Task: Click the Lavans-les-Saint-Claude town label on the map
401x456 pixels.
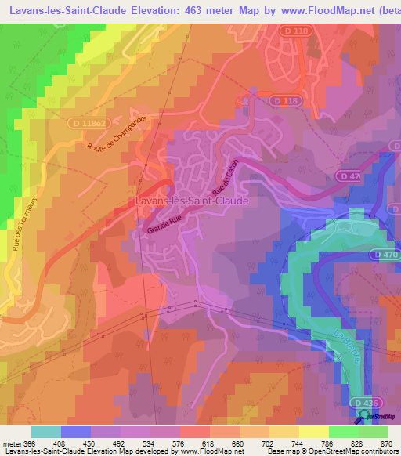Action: [x=192, y=201]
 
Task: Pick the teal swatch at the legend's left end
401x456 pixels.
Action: [x=46, y=432]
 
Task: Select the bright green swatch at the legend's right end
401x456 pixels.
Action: [x=374, y=432]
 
